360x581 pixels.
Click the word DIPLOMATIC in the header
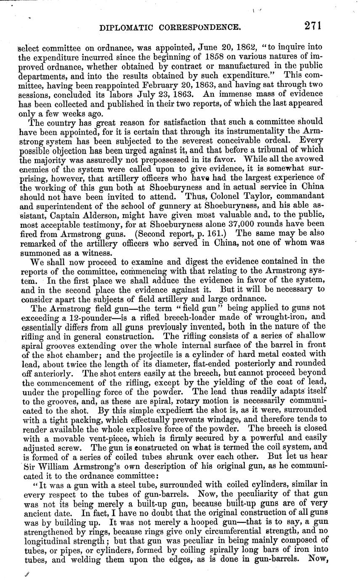pyautogui.click(x=124, y=28)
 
